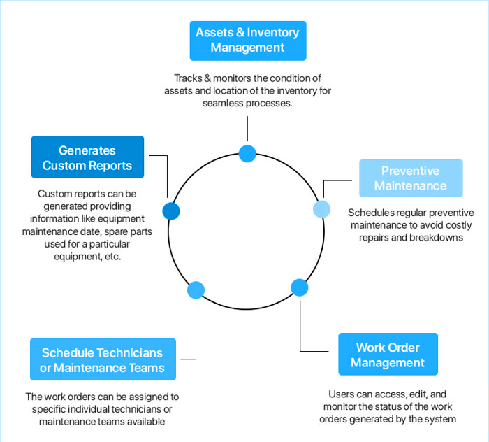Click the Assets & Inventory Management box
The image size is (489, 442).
247,40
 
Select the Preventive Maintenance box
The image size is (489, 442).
410,178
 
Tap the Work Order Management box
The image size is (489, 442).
388,355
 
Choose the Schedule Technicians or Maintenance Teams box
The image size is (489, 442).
102,360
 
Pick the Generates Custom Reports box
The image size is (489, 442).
87,157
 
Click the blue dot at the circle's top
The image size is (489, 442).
247,153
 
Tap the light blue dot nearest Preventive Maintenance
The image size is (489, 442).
322,208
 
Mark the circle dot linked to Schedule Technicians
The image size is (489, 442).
196,290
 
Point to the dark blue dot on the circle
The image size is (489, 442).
170,211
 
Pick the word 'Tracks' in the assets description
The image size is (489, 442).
189,78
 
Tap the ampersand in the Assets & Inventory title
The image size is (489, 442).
242,32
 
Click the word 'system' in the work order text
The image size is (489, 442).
441,419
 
